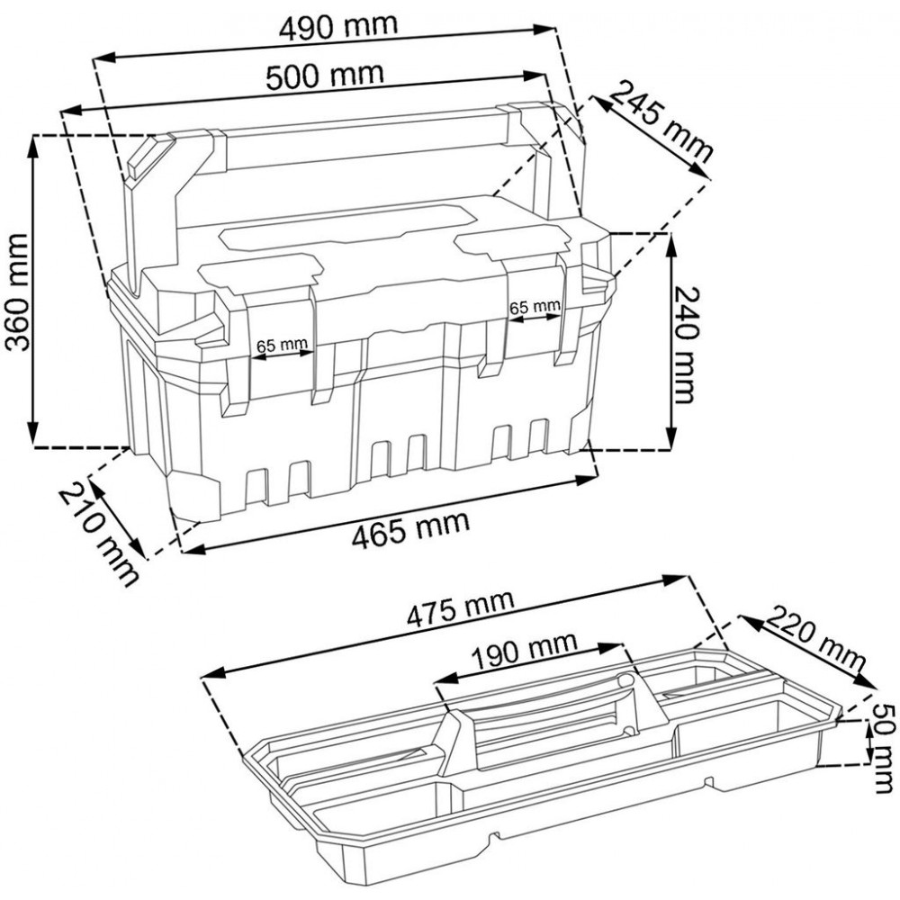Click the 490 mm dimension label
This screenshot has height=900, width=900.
338,26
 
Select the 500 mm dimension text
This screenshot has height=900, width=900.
325,75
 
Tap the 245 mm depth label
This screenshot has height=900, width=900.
660,121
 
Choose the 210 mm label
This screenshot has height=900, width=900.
99,535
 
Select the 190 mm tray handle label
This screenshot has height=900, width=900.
524,650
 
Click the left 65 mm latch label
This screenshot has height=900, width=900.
282,346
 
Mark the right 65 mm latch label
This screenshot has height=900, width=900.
535,307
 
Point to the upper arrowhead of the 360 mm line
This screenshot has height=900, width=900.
33,147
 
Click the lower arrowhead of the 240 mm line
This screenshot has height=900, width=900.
670,438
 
